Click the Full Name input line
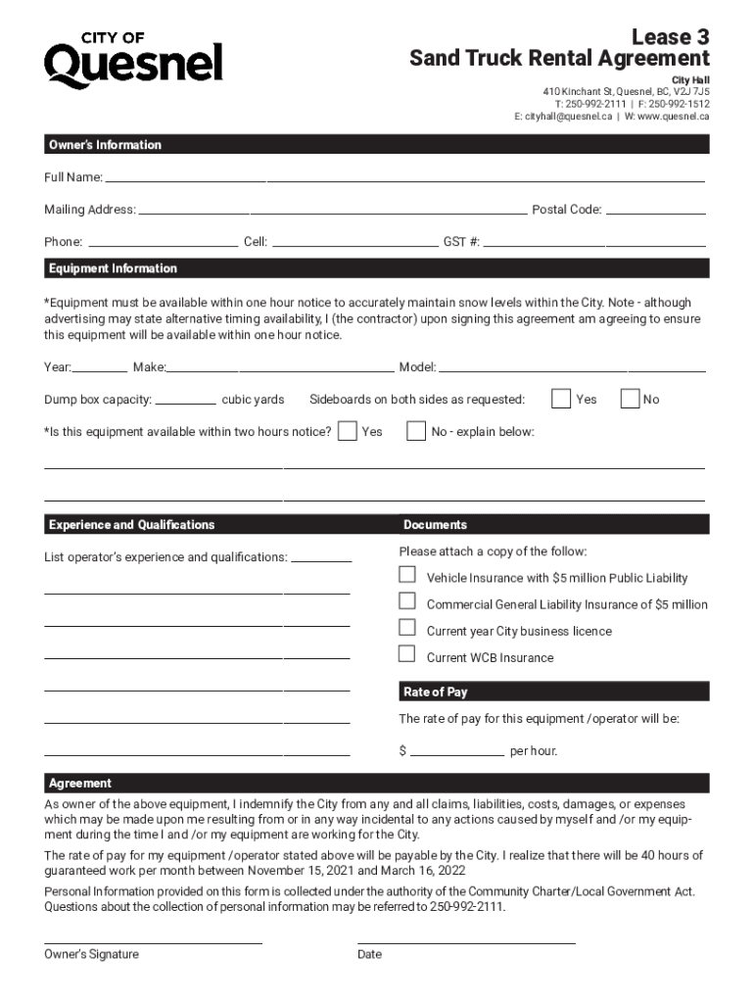403,177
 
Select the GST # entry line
594,241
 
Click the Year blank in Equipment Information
99,367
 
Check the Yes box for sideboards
561,399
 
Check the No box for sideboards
631,399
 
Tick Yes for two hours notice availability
347,431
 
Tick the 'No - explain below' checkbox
416,431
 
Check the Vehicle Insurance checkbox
407,575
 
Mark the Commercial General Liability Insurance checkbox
407,601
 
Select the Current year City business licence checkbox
407,628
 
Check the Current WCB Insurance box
407,654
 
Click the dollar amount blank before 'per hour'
456,751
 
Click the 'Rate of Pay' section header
436,693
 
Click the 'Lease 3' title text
670,37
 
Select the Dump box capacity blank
186,399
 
